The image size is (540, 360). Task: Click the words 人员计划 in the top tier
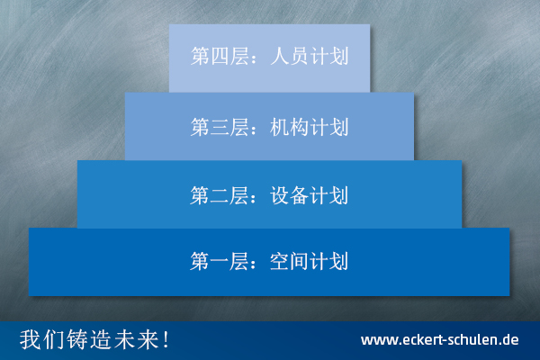pyautogui.click(x=310, y=56)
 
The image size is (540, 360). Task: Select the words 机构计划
pyautogui.click(x=310, y=127)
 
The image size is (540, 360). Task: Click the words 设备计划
pyautogui.click(x=310, y=195)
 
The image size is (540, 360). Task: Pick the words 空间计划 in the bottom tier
pyautogui.click(x=310, y=261)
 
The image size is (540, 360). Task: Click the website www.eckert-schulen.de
pyautogui.click(x=440, y=340)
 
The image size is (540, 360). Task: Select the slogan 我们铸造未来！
pyautogui.click(x=94, y=339)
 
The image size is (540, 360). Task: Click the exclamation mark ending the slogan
pyautogui.click(x=166, y=339)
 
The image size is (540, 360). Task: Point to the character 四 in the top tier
pyautogui.click(x=220, y=56)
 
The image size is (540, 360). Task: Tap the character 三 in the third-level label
pyautogui.click(x=220, y=127)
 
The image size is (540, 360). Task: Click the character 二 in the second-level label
pyautogui.click(x=220, y=195)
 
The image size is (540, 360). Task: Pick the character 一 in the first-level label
pyautogui.click(x=220, y=262)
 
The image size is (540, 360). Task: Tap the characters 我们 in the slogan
pyautogui.click(x=42, y=339)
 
